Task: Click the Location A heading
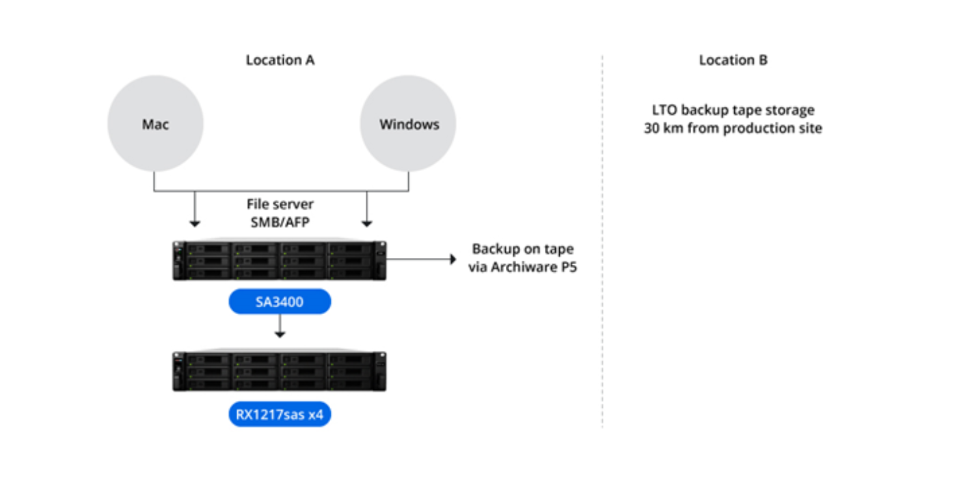(x=280, y=60)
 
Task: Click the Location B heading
(x=733, y=60)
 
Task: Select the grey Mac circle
(x=155, y=124)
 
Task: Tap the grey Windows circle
(x=409, y=124)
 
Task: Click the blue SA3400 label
(x=280, y=302)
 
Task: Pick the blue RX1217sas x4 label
(x=280, y=414)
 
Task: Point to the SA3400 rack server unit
(x=280, y=260)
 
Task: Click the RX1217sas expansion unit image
(x=280, y=372)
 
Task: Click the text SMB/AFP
(x=280, y=221)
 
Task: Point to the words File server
(x=280, y=204)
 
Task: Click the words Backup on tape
(x=523, y=249)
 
